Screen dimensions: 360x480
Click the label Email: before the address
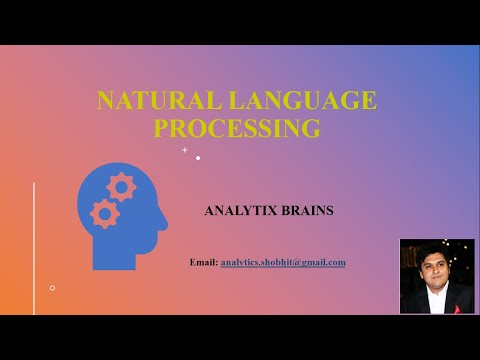pos(203,262)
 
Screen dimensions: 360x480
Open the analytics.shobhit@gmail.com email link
pos(283,262)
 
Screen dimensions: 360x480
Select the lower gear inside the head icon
pos(103,212)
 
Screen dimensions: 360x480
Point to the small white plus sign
pos(184,149)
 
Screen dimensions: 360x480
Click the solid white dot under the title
pos(198,157)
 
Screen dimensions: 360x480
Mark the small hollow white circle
pos(52,288)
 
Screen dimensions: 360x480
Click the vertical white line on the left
pos(35,240)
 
